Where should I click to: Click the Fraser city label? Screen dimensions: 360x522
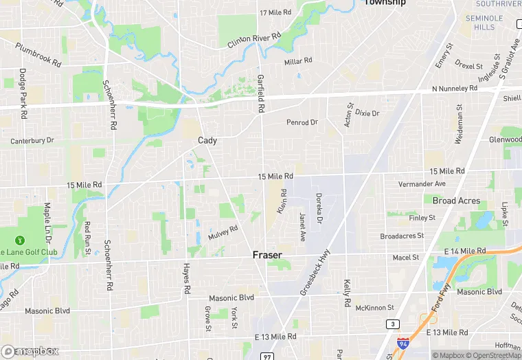pyautogui.click(x=267, y=255)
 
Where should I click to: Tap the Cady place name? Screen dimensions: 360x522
pyautogui.click(x=207, y=140)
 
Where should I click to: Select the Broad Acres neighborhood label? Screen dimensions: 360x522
pyautogui.click(x=456, y=201)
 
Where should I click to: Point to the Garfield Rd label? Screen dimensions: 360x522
pyautogui.click(x=261, y=93)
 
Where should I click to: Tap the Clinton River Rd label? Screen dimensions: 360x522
pyautogui.click(x=254, y=41)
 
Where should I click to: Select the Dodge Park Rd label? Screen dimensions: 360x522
pyautogui.click(x=23, y=93)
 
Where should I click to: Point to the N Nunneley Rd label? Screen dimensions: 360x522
pyautogui.click(x=455, y=89)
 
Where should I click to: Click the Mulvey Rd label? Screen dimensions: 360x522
pyautogui.click(x=223, y=232)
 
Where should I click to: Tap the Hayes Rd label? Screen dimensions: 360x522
pyautogui.click(x=186, y=280)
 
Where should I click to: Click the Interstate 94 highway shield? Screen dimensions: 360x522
pyautogui.click(x=403, y=341)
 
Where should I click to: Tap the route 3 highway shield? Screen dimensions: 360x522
pyautogui.click(x=391, y=324)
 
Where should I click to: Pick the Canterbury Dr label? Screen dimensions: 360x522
pyautogui.click(x=32, y=141)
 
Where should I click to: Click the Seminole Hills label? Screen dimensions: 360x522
pyautogui.click(x=479, y=23)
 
